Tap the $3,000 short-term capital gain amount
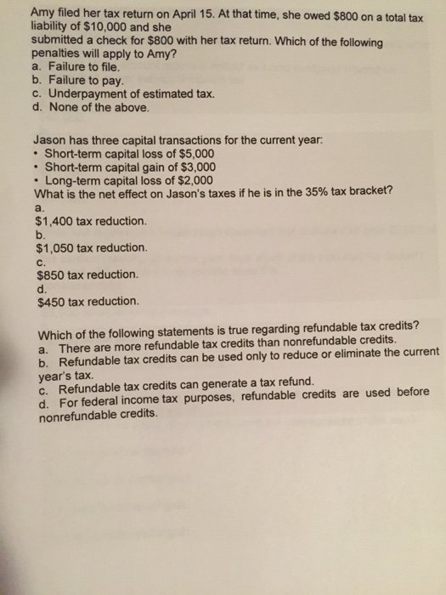195,167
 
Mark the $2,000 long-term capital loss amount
191,181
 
